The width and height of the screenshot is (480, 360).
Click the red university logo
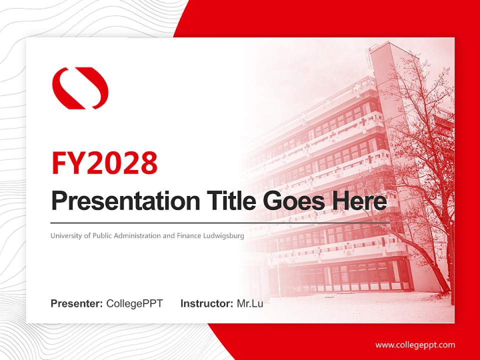(80, 88)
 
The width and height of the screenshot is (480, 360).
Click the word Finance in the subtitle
(189, 235)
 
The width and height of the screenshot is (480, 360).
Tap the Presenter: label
(77, 303)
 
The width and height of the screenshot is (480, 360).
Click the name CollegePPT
(134, 303)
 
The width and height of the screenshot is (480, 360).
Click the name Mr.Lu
(250, 303)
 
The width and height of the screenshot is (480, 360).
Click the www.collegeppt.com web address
(415, 345)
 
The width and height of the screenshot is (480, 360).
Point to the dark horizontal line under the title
(220, 222)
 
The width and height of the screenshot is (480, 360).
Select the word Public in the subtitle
(102, 235)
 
